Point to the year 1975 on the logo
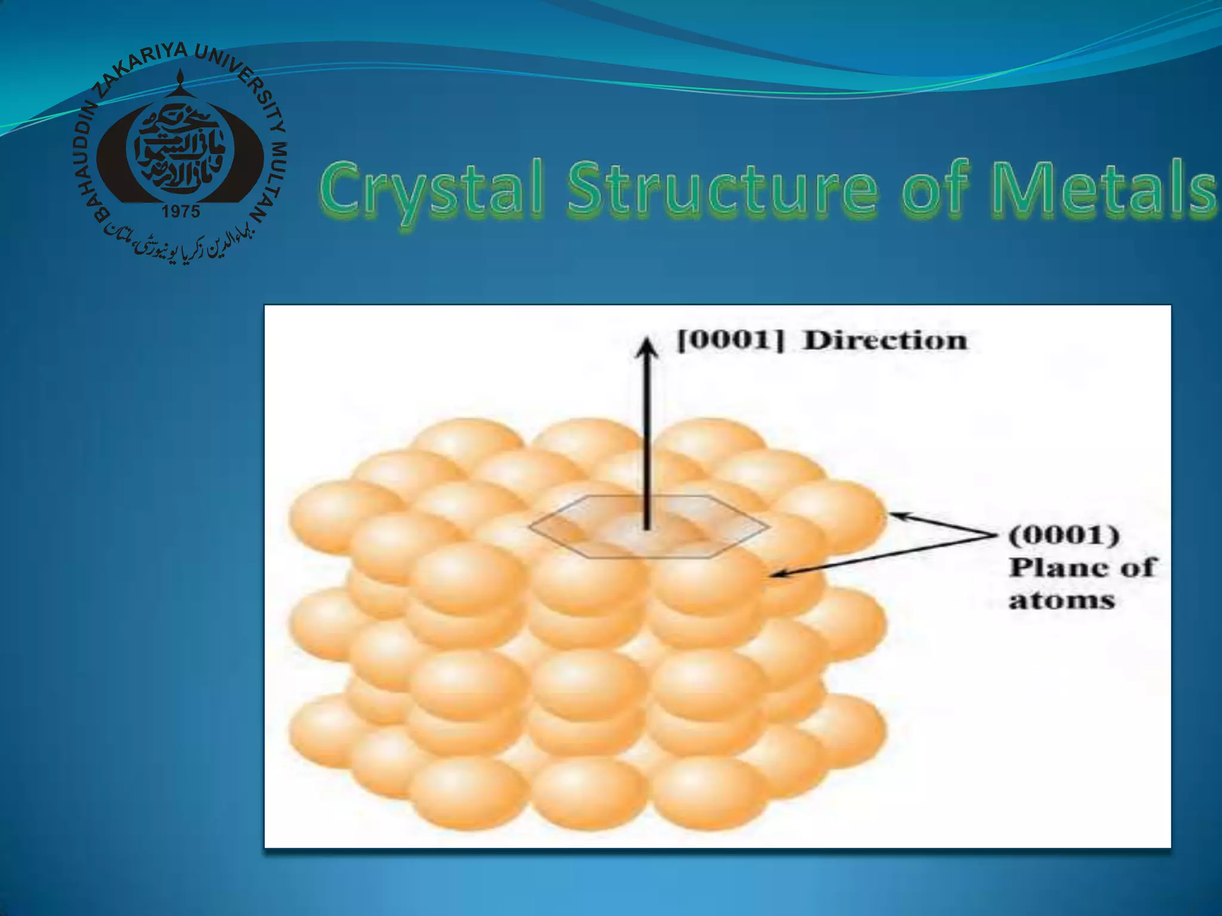181,212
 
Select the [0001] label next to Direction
730,341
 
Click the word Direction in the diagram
885,341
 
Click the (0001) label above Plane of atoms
1063,535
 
